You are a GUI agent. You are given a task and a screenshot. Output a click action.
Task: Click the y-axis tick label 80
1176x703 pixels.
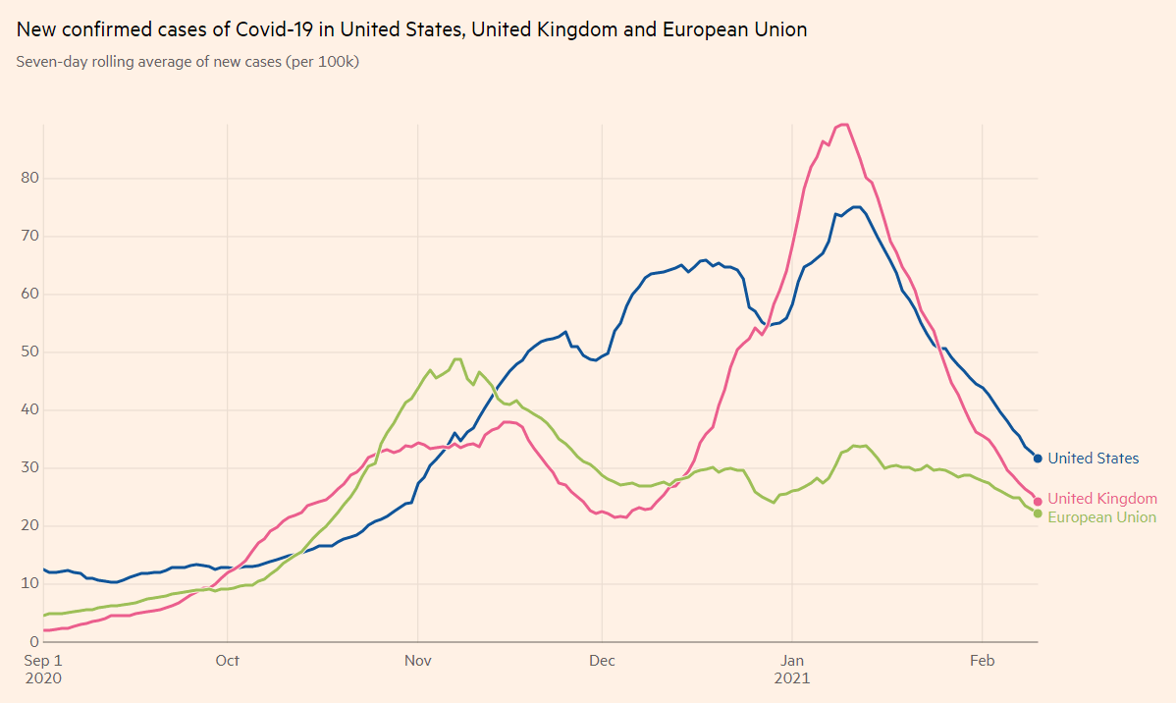pyautogui.click(x=27, y=178)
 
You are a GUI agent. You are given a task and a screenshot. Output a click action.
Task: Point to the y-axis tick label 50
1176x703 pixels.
pyautogui.click(x=27, y=351)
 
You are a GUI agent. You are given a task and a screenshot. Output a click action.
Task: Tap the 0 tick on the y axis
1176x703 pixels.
pyautogui.click(x=31, y=641)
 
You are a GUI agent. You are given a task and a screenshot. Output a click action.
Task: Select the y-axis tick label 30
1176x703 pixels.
pyautogui.click(x=27, y=467)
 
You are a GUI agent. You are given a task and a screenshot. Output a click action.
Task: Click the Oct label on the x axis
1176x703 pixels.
pyautogui.click(x=227, y=661)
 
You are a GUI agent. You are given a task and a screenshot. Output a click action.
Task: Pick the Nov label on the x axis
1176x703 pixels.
pyautogui.click(x=418, y=661)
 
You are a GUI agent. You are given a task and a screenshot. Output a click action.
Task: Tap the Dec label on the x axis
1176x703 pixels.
pyautogui.click(x=602, y=661)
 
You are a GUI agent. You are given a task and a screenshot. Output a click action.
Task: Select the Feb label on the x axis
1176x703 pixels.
pyautogui.click(x=983, y=661)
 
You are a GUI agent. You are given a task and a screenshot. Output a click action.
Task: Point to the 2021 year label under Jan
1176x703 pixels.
pyautogui.click(x=791, y=678)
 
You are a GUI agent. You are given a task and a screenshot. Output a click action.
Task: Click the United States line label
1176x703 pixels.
pyautogui.click(x=1094, y=459)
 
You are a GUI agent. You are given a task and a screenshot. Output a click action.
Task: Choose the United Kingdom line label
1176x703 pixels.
pyautogui.click(x=1102, y=500)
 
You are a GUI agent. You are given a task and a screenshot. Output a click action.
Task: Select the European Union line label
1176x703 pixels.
pyautogui.click(x=1102, y=517)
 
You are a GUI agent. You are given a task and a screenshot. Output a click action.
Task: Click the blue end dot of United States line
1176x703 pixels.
pyautogui.click(x=1038, y=458)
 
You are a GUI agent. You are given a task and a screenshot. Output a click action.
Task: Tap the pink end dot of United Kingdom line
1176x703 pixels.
pyautogui.click(x=1038, y=502)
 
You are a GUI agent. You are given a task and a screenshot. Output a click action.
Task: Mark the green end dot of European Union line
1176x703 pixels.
pyautogui.click(x=1038, y=514)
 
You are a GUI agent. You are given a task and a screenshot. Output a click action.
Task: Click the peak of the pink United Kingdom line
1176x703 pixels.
pyautogui.click(x=842, y=124)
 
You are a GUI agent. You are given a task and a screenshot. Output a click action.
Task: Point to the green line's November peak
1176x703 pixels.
pyautogui.click(x=457, y=359)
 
